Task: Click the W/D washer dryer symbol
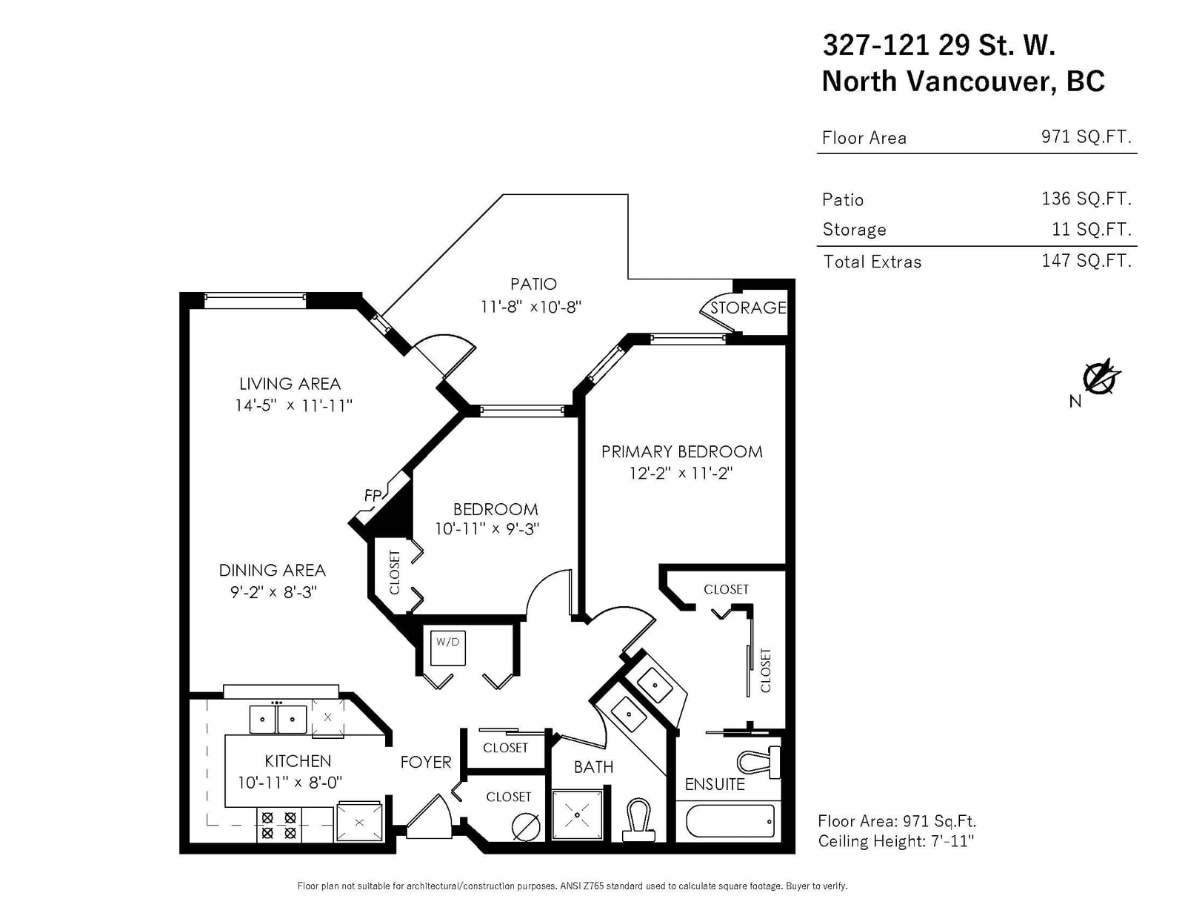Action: pos(448,648)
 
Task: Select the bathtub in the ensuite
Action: pos(730,821)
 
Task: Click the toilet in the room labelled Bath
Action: pos(638,820)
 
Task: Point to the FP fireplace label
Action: pos(373,495)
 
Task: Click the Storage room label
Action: pos(748,308)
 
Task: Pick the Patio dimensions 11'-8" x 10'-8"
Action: pos(530,307)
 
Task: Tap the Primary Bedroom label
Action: pos(681,452)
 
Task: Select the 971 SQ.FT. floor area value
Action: pos(1086,136)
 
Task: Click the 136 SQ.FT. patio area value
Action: pos(1086,199)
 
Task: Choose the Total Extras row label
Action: pos(872,262)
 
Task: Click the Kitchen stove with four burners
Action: pos(278,825)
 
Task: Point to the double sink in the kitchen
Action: pos(278,719)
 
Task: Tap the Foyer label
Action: pos(426,762)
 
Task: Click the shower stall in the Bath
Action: pos(578,815)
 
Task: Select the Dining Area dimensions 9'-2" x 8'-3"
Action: pos(273,592)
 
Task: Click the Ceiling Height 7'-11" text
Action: pos(896,841)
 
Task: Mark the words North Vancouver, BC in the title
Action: pos(963,82)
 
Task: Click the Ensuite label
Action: pos(715,785)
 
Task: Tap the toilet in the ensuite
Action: pos(759,762)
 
